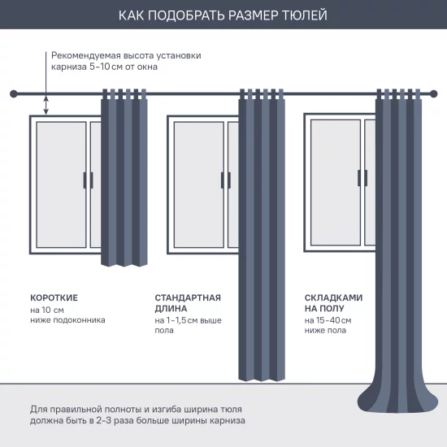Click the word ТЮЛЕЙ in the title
(307, 15)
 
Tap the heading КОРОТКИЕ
(54, 298)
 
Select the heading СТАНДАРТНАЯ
(188, 298)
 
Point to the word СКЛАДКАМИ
(333, 298)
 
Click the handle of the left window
(88, 180)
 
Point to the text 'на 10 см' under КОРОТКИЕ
(47, 310)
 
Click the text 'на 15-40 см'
(328, 321)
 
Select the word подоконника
(79, 320)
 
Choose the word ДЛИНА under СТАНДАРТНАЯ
(171, 309)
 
